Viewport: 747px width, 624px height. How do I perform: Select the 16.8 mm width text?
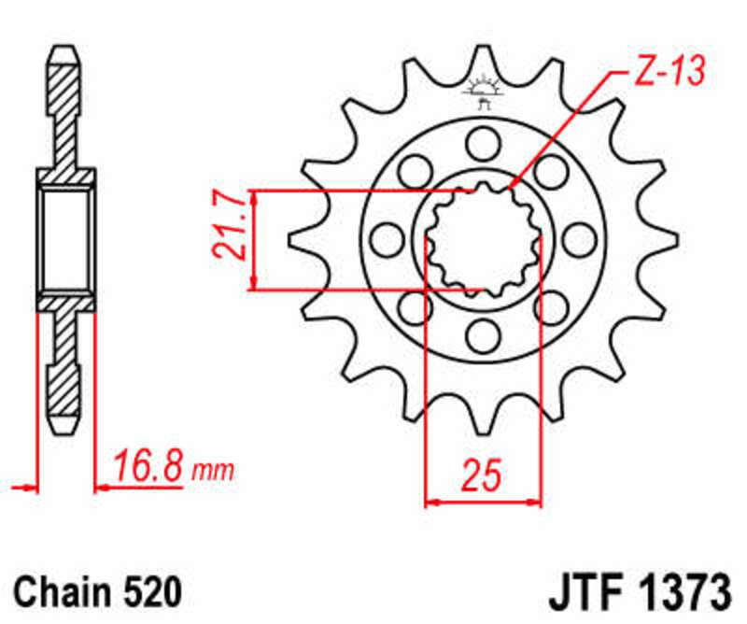173,464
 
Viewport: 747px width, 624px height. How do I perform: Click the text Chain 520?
92,592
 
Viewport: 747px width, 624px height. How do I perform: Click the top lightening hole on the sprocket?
483,142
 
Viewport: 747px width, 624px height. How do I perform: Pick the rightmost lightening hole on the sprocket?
580,239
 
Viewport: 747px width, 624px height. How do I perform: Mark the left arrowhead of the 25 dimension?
431,503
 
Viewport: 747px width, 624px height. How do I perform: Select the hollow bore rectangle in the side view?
66,238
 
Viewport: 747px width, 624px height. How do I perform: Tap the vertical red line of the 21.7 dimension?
254,239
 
